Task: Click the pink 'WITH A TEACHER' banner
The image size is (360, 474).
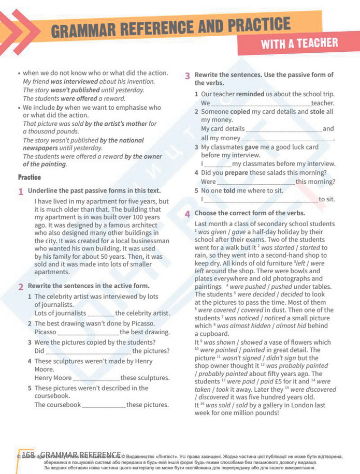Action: tap(299, 43)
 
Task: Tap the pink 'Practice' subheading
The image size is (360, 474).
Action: tap(29, 177)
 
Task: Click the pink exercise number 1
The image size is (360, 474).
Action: tap(21, 191)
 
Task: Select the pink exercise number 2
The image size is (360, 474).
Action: tap(21, 286)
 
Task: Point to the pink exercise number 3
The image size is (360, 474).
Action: tap(188, 76)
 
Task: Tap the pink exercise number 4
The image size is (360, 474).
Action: tap(188, 213)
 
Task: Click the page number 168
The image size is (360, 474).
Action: tap(28, 455)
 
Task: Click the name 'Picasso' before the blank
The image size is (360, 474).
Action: tap(45, 332)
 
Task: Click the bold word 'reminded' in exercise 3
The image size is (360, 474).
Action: tap(250, 94)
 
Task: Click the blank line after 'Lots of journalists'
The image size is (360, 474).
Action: tap(100, 314)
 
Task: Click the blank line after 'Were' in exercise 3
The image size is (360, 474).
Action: tap(255, 183)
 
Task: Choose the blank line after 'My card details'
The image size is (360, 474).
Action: tap(283, 129)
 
